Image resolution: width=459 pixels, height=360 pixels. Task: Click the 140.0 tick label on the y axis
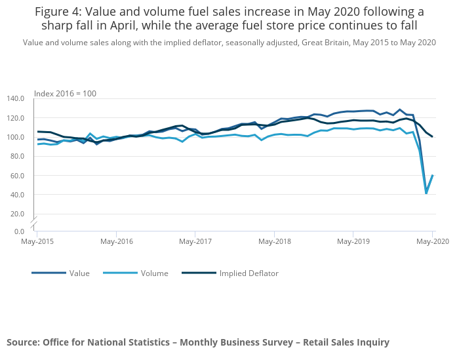click(x=16, y=98)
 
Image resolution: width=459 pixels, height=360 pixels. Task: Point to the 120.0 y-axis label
click(x=16, y=118)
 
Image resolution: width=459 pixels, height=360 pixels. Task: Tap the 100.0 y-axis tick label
click(x=16, y=137)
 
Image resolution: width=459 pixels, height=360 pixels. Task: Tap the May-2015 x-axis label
click(x=37, y=241)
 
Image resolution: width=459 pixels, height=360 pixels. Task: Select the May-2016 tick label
click(x=116, y=241)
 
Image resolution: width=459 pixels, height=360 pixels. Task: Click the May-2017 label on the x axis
click(x=195, y=241)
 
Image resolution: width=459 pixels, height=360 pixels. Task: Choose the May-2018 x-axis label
click(x=274, y=241)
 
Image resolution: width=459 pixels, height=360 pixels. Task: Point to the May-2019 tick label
click(x=353, y=241)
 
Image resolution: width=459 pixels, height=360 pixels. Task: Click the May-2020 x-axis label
click(x=431, y=241)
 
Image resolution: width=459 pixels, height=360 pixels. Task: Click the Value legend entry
click(x=79, y=273)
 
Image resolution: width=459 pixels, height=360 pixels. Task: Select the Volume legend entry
click(x=155, y=273)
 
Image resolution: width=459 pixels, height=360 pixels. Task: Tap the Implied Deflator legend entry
click(x=249, y=273)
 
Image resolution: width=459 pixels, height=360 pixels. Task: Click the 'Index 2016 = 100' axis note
click(x=65, y=94)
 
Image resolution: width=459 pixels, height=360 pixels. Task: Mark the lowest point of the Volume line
click(x=426, y=193)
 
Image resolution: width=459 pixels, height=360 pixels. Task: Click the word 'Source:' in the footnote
click(x=23, y=342)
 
